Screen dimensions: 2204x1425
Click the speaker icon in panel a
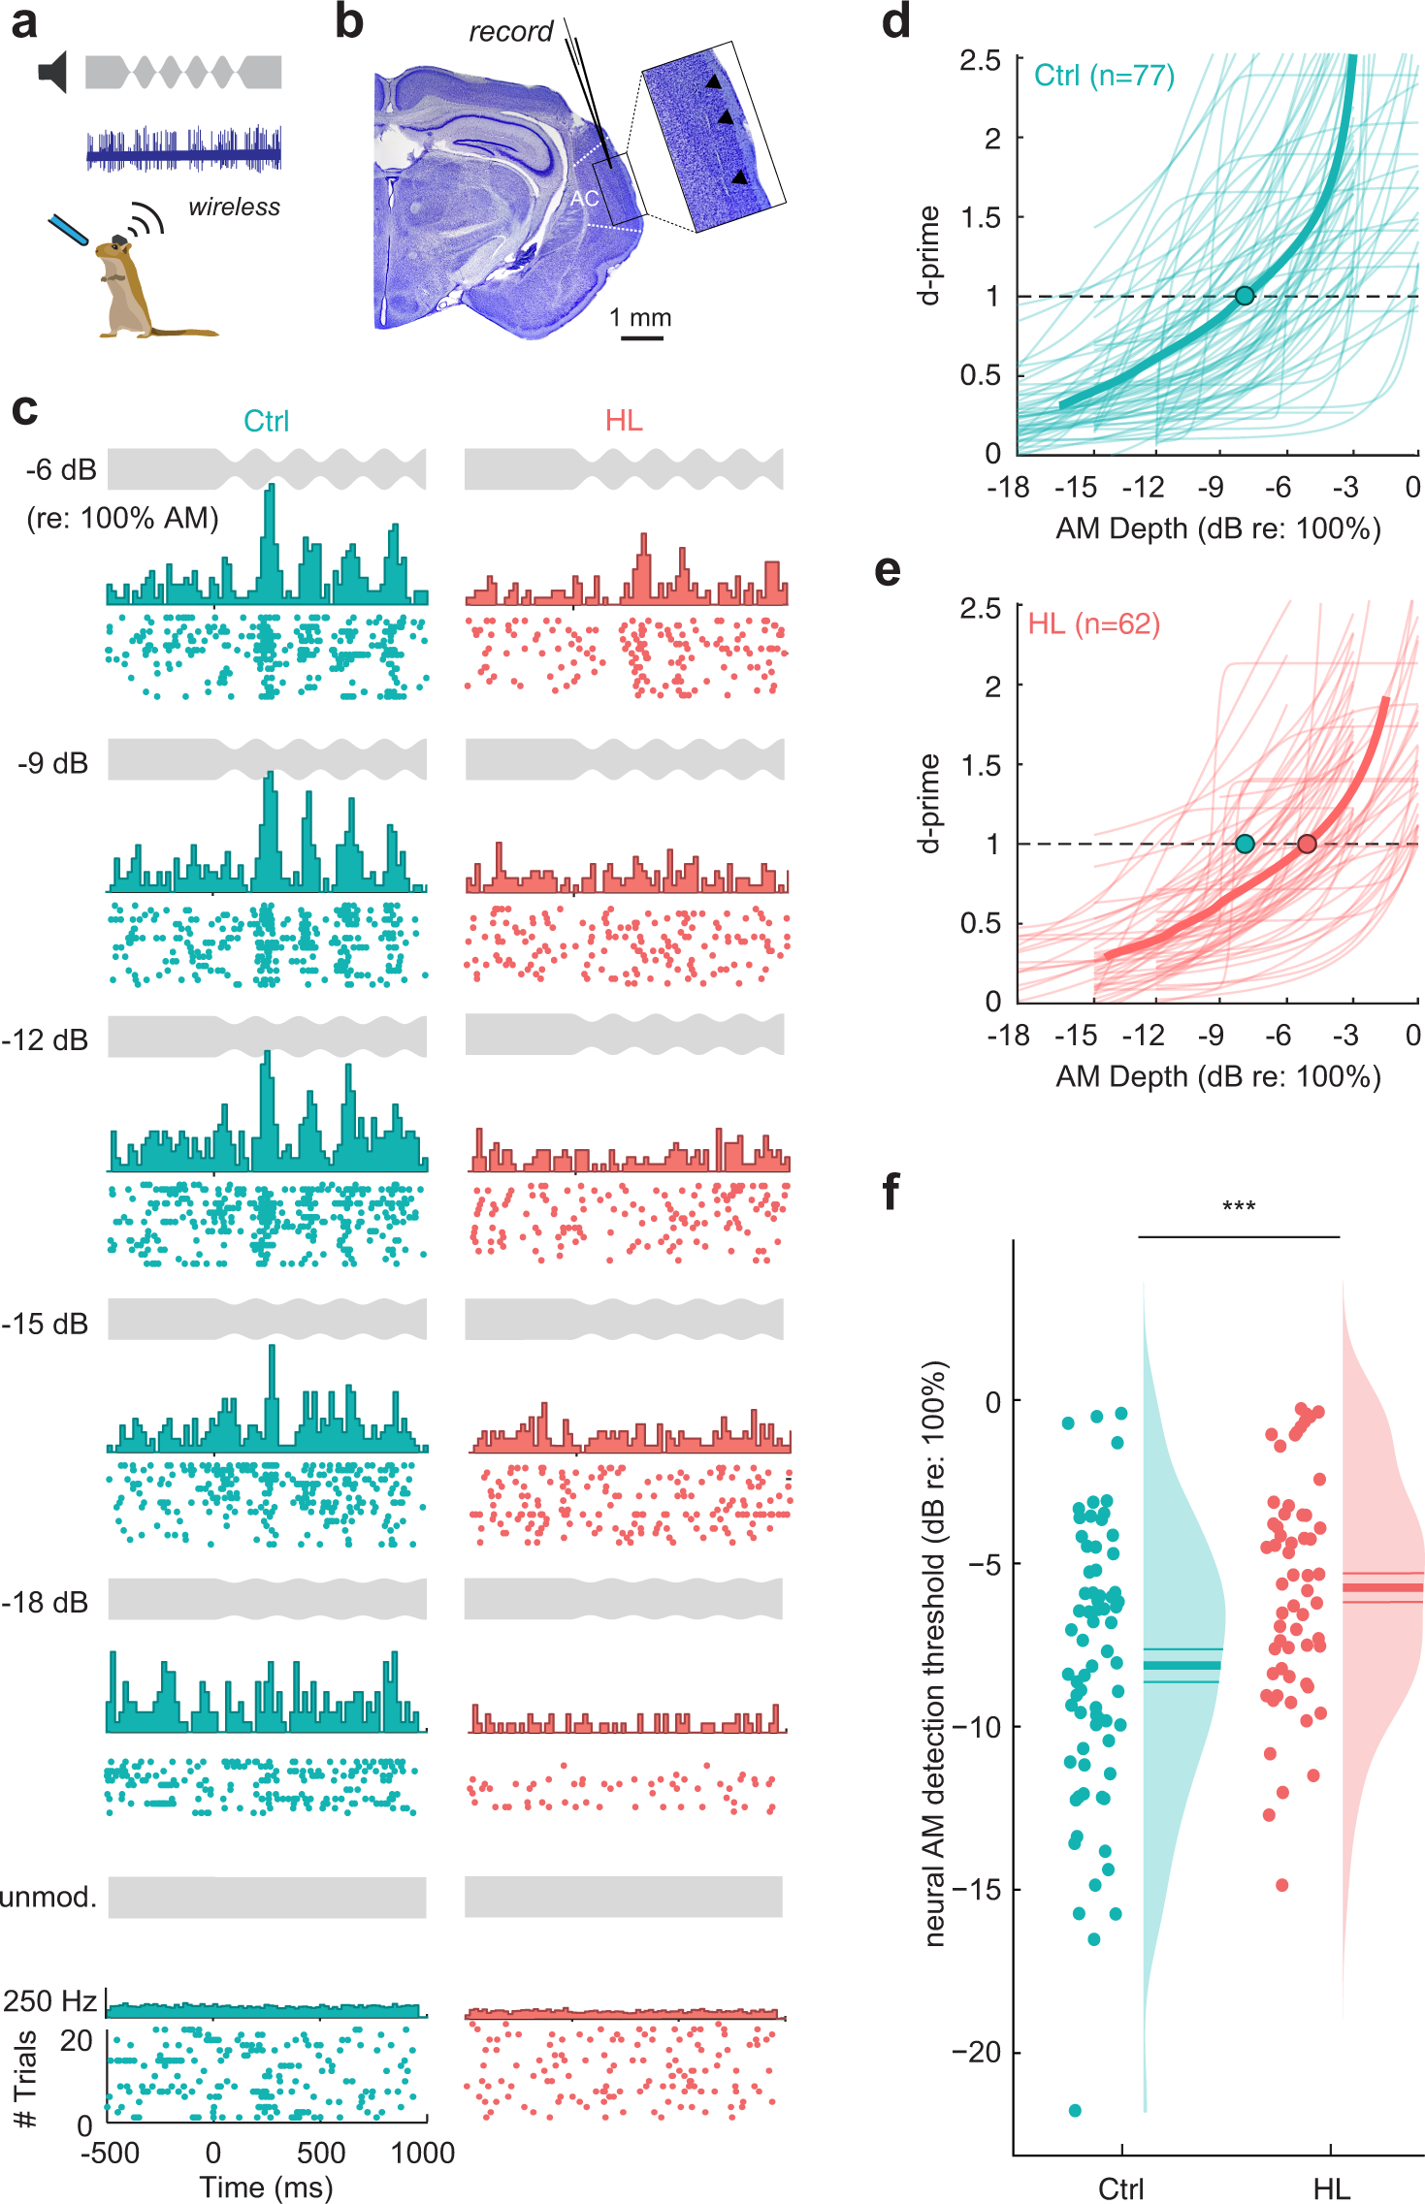point(52,73)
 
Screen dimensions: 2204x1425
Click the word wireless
point(234,208)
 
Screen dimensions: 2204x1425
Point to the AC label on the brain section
point(584,199)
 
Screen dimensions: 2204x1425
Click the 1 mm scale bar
point(641,337)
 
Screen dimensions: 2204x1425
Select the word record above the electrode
point(510,32)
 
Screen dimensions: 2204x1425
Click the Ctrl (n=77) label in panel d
point(1104,76)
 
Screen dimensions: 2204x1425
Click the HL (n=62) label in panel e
point(1093,623)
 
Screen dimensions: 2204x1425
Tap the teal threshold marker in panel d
point(1245,296)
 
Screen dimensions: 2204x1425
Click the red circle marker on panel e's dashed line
point(1307,844)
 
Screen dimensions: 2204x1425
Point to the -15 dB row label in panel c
point(45,1324)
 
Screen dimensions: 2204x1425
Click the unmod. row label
point(49,1897)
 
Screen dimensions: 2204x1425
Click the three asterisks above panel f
point(1239,1207)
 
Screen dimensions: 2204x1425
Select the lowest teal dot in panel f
point(1075,2110)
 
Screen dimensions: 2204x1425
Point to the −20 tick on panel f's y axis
point(974,2053)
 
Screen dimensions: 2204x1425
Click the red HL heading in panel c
point(624,420)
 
